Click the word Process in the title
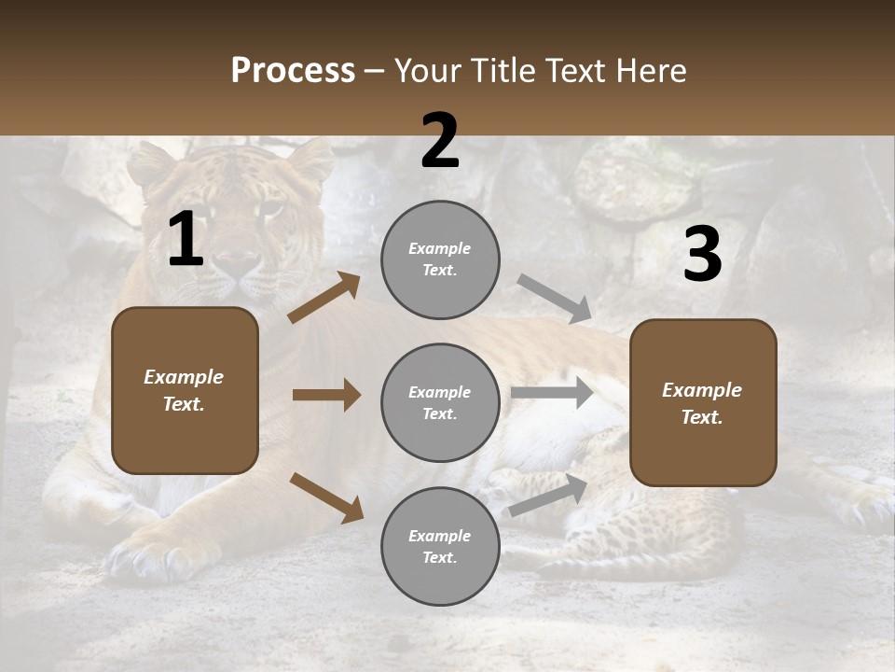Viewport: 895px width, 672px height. pyautogui.click(x=293, y=71)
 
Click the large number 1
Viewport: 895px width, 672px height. pyautogui.click(x=186, y=240)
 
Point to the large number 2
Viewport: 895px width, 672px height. pyautogui.click(x=440, y=141)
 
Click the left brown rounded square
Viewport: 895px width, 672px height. pyautogui.click(x=185, y=390)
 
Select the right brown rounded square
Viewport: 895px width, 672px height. pyautogui.click(x=703, y=402)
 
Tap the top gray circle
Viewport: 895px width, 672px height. pyautogui.click(x=440, y=259)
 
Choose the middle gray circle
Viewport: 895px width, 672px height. pyautogui.click(x=440, y=402)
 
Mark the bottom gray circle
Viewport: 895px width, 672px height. pyautogui.click(x=440, y=546)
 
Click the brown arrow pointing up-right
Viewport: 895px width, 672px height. pyautogui.click(x=324, y=298)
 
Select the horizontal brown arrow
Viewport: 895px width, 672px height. pyautogui.click(x=326, y=395)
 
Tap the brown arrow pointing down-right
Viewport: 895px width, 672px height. pyautogui.click(x=326, y=497)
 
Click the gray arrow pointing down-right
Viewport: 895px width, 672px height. pyautogui.click(x=555, y=299)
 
